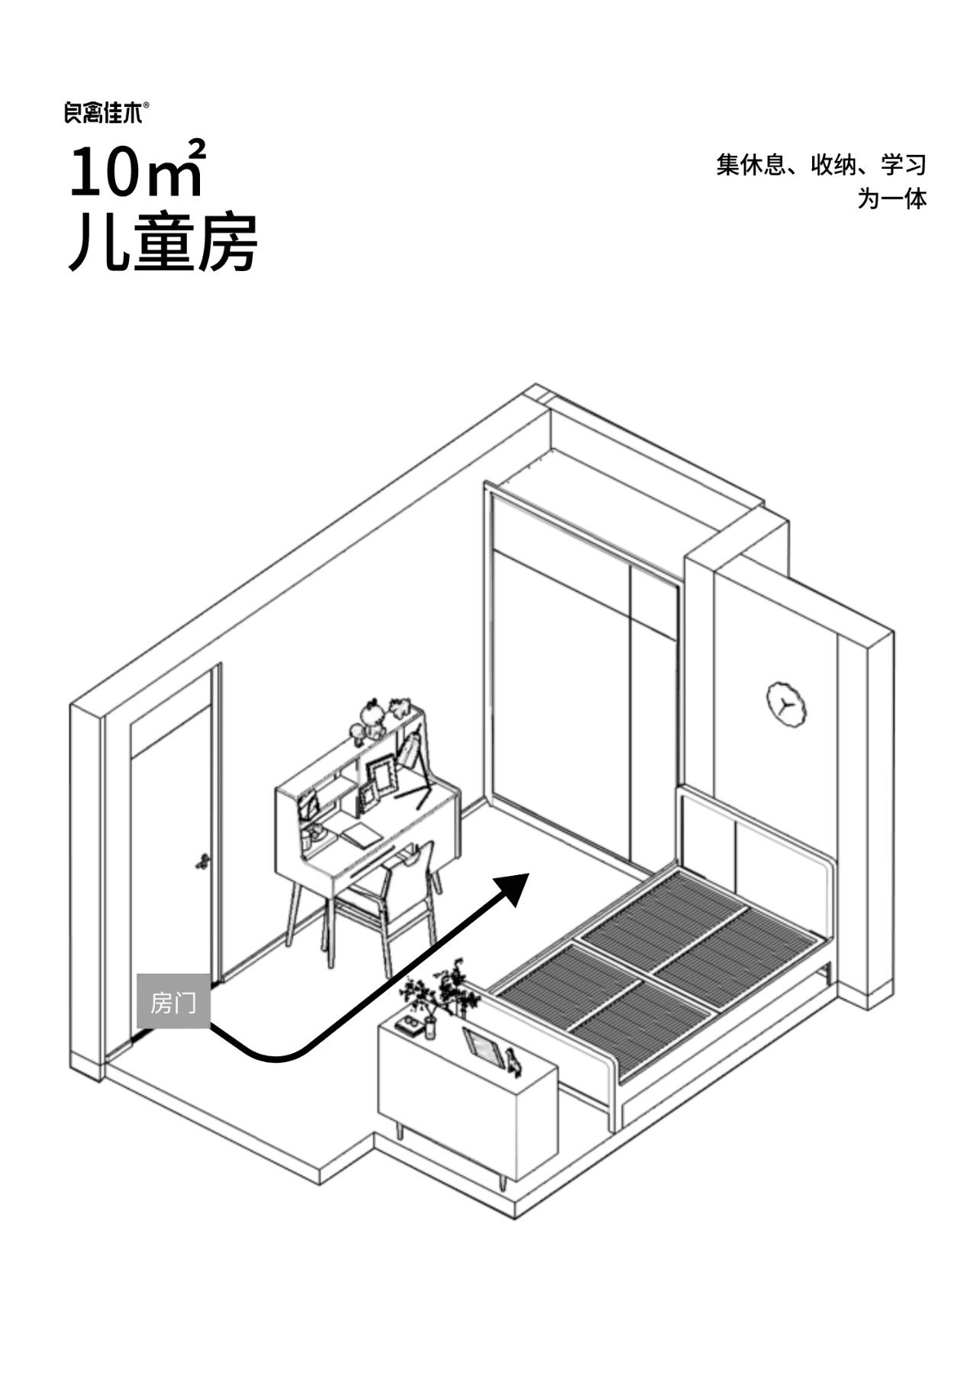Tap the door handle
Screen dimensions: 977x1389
202,861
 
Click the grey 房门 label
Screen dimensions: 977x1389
173,1002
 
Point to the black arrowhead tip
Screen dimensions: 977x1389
528,872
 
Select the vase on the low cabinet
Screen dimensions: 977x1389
430,1028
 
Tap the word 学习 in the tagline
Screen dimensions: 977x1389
904,164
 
